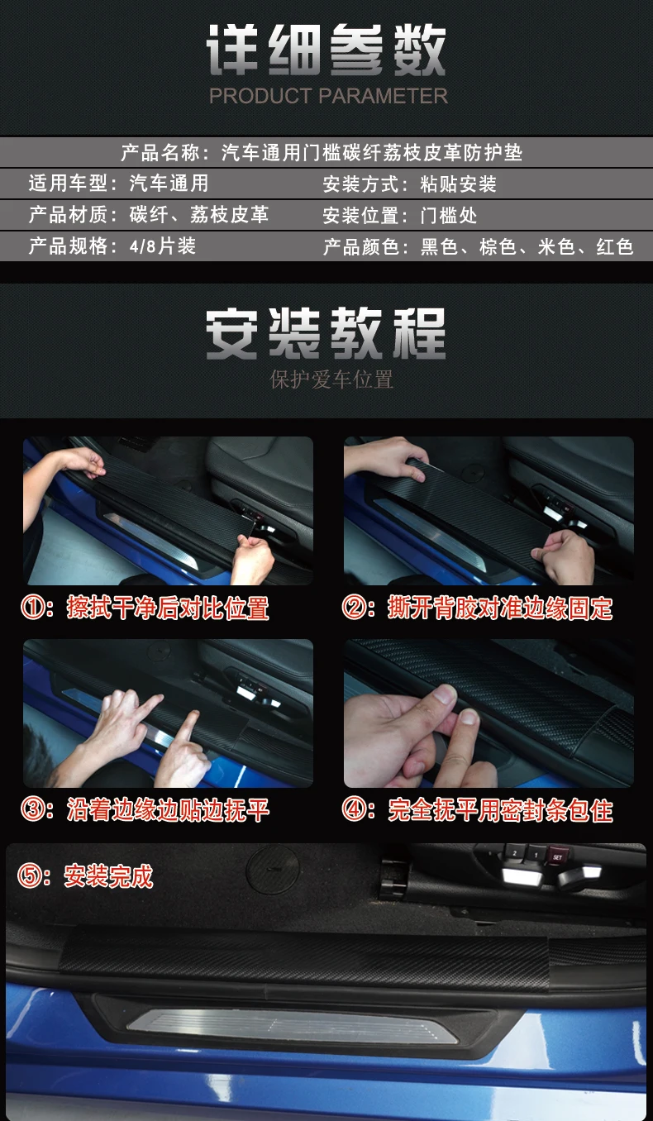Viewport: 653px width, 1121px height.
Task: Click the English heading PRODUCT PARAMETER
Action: [x=328, y=96]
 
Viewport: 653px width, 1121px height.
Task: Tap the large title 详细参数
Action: [x=326, y=50]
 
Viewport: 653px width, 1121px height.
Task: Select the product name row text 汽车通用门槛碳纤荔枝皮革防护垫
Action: [x=372, y=152]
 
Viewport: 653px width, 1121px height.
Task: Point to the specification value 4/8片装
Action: [x=162, y=246]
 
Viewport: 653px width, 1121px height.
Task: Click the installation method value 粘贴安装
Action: [x=459, y=184]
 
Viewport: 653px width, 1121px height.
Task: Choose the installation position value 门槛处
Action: [x=449, y=215]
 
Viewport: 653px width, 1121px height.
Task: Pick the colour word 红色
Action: [x=615, y=246]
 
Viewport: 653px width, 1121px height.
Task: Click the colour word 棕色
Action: [x=498, y=246]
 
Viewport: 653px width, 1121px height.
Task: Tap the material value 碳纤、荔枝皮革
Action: [x=199, y=214]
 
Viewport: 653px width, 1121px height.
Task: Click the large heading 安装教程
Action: [x=326, y=333]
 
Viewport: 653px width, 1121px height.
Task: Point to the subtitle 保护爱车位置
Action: [x=331, y=379]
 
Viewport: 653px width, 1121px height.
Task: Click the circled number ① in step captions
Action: [x=33, y=607]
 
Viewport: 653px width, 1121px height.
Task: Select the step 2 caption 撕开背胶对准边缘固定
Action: [x=500, y=608]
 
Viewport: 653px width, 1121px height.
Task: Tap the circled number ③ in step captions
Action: [x=33, y=809]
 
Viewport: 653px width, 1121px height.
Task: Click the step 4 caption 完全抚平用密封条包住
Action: [x=500, y=810]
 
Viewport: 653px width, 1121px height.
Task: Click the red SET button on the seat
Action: [x=557, y=856]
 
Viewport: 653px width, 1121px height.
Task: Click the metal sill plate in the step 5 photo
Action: [x=293, y=1025]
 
